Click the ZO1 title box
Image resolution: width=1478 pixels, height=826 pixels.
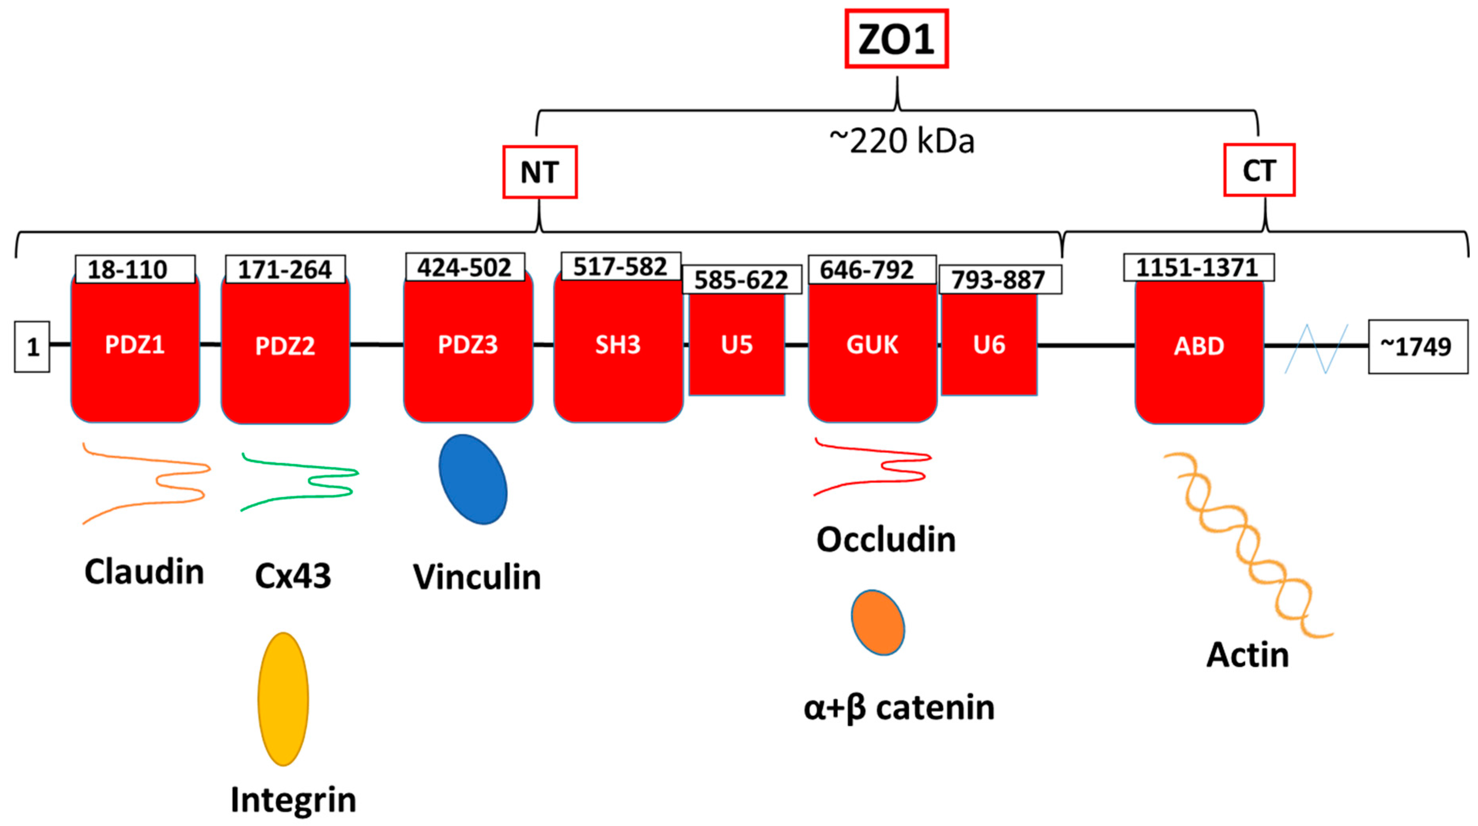click(x=896, y=39)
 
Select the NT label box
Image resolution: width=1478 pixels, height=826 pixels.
click(x=540, y=172)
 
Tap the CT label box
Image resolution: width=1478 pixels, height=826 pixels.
click(x=1259, y=170)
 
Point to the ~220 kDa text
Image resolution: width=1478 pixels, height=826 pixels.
click(x=902, y=141)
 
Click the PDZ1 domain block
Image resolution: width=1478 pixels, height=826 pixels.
click(x=135, y=350)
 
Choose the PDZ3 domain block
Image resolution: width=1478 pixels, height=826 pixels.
click(x=468, y=350)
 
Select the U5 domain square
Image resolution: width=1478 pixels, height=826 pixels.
click(x=737, y=344)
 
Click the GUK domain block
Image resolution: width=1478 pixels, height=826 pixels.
click(x=872, y=350)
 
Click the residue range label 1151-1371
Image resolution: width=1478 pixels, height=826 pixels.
click(x=1198, y=267)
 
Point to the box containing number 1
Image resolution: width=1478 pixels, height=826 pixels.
click(x=32, y=346)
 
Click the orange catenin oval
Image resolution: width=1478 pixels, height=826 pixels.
click(x=877, y=623)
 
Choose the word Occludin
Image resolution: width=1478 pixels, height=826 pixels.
click(x=886, y=540)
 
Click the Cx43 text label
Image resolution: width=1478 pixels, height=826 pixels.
click(x=293, y=576)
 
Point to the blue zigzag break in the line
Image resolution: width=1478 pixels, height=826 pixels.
click(x=1315, y=348)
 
